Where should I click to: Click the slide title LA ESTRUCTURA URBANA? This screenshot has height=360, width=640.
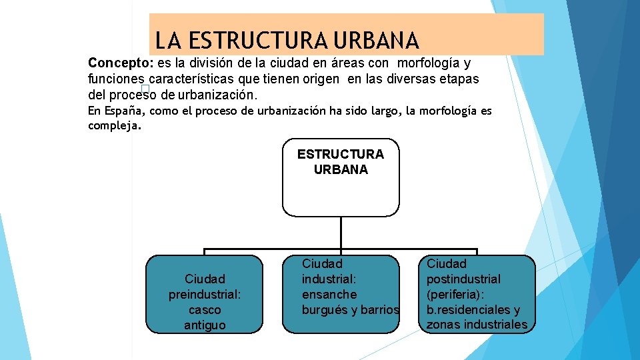[287, 41]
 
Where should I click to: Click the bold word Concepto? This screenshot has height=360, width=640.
[121, 63]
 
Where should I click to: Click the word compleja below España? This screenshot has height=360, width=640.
[113, 125]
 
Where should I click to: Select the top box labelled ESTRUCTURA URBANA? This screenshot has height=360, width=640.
[341, 177]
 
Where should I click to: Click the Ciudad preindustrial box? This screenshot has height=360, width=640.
[205, 294]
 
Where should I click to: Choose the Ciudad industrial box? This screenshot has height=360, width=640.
[341, 294]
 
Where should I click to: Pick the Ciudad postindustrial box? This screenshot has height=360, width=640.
[477, 294]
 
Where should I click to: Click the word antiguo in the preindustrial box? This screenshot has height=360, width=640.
[205, 325]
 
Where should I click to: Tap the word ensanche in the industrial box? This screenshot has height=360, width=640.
[329, 294]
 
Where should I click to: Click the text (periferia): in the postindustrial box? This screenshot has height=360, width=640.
[458, 294]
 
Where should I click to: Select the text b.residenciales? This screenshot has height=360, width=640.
[466, 309]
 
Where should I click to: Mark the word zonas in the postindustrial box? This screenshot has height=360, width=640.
[443, 325]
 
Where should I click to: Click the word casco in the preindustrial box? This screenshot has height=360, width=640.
[205, 310]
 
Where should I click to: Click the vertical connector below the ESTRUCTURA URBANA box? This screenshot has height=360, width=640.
[341, 233]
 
